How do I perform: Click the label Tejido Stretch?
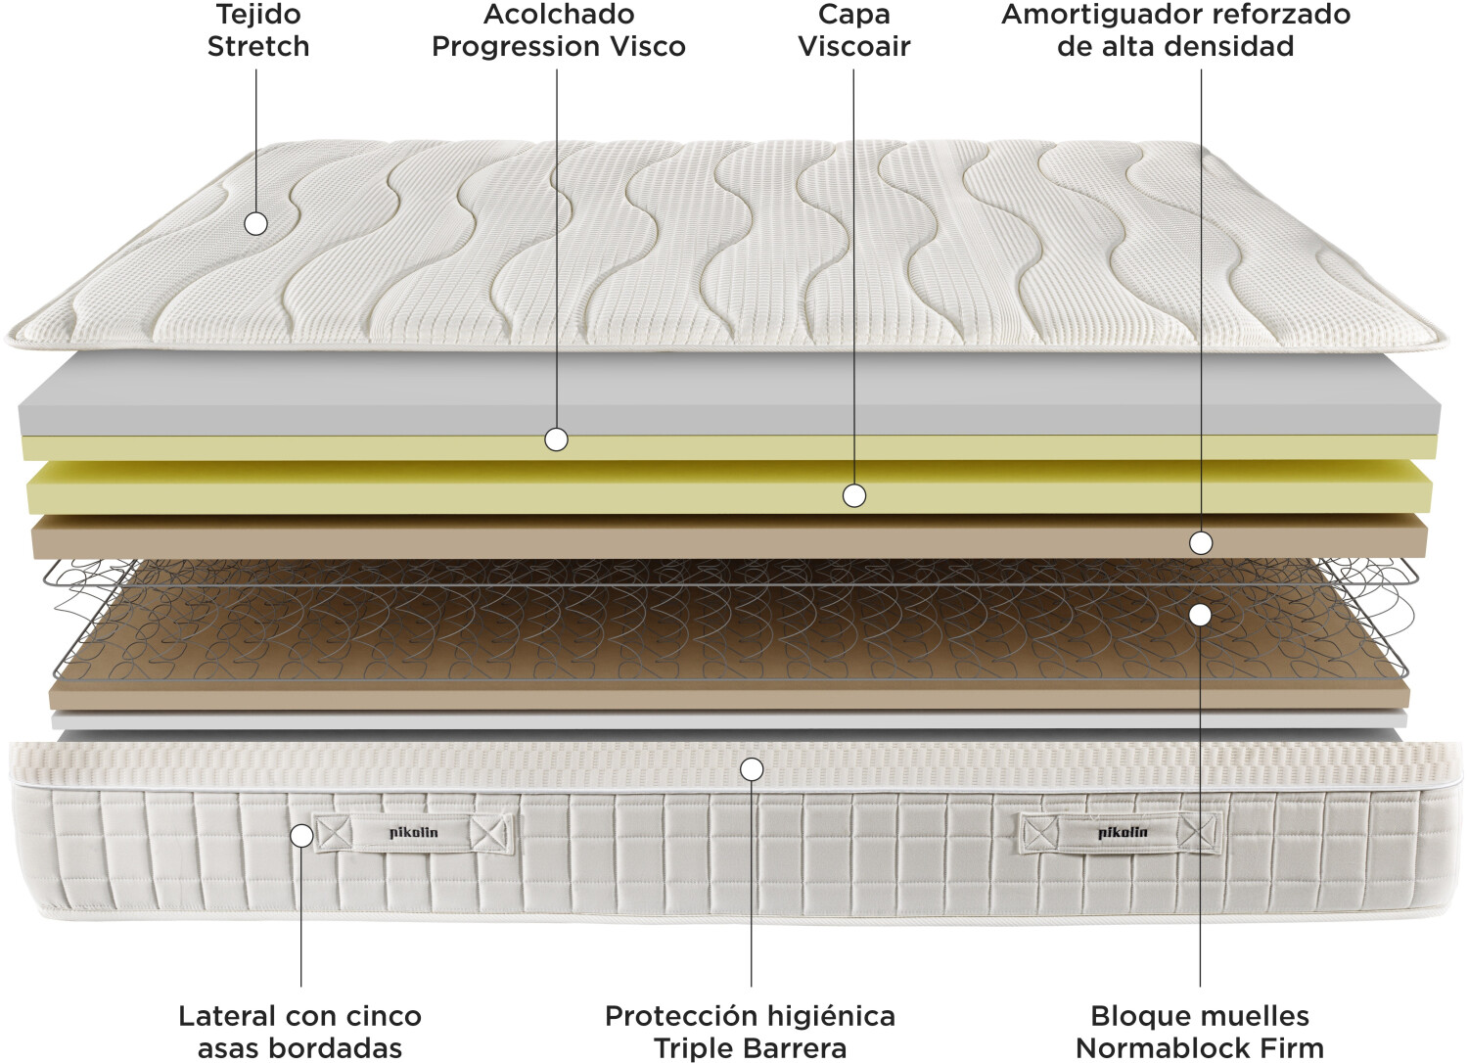pos(258,30)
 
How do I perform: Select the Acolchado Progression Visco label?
pos(558,30)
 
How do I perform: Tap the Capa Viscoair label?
pos(853,30)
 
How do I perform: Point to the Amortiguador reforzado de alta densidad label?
pos(1175,30)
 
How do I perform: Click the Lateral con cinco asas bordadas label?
pos(299,1031)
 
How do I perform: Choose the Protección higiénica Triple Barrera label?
pos(750,1031)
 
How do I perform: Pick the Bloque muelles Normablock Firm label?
pos(1199,1031)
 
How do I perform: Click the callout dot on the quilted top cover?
pos(255,224)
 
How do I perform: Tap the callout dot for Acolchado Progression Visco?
pos(556,439)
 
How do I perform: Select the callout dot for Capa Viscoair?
pos(854,496)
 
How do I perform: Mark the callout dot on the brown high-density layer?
pos(1201,542)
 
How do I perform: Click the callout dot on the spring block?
pos(1200,615)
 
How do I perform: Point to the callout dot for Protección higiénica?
pos(752,769)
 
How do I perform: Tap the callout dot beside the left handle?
pos(302,836)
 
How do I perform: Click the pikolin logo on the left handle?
pos(414,833)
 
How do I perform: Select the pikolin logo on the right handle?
pos(1123,833)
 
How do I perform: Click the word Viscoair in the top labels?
pos(853,46)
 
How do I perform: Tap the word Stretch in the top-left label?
pos(258,46)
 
